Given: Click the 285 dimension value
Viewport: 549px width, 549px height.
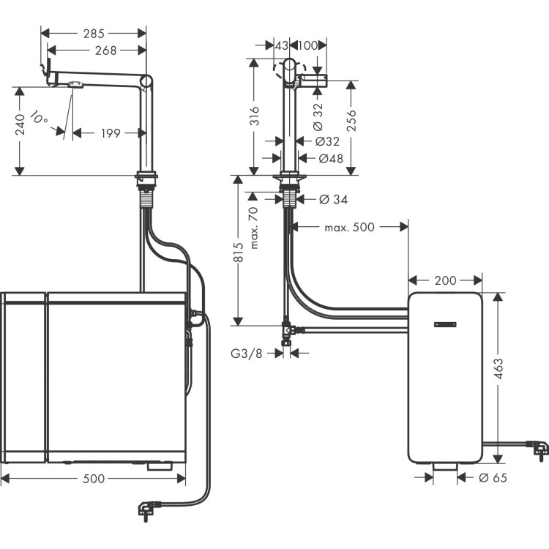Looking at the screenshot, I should tap(93, 33).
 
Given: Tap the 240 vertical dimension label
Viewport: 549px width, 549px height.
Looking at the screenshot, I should tap(21, 125).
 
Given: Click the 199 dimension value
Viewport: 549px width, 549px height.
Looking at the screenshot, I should tap(110, 133).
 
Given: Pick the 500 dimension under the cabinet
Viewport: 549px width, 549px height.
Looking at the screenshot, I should tap(94, 479).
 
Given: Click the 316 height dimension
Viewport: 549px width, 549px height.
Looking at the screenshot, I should tap(255, 116).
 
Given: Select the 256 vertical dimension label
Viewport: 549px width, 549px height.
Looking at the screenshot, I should tap(351, 118).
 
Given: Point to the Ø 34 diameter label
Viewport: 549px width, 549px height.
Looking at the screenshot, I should tap(334, 199).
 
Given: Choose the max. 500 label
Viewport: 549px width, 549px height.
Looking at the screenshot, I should tap(349, 228).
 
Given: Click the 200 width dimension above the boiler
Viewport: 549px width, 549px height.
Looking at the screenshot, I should tap(445, 280).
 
